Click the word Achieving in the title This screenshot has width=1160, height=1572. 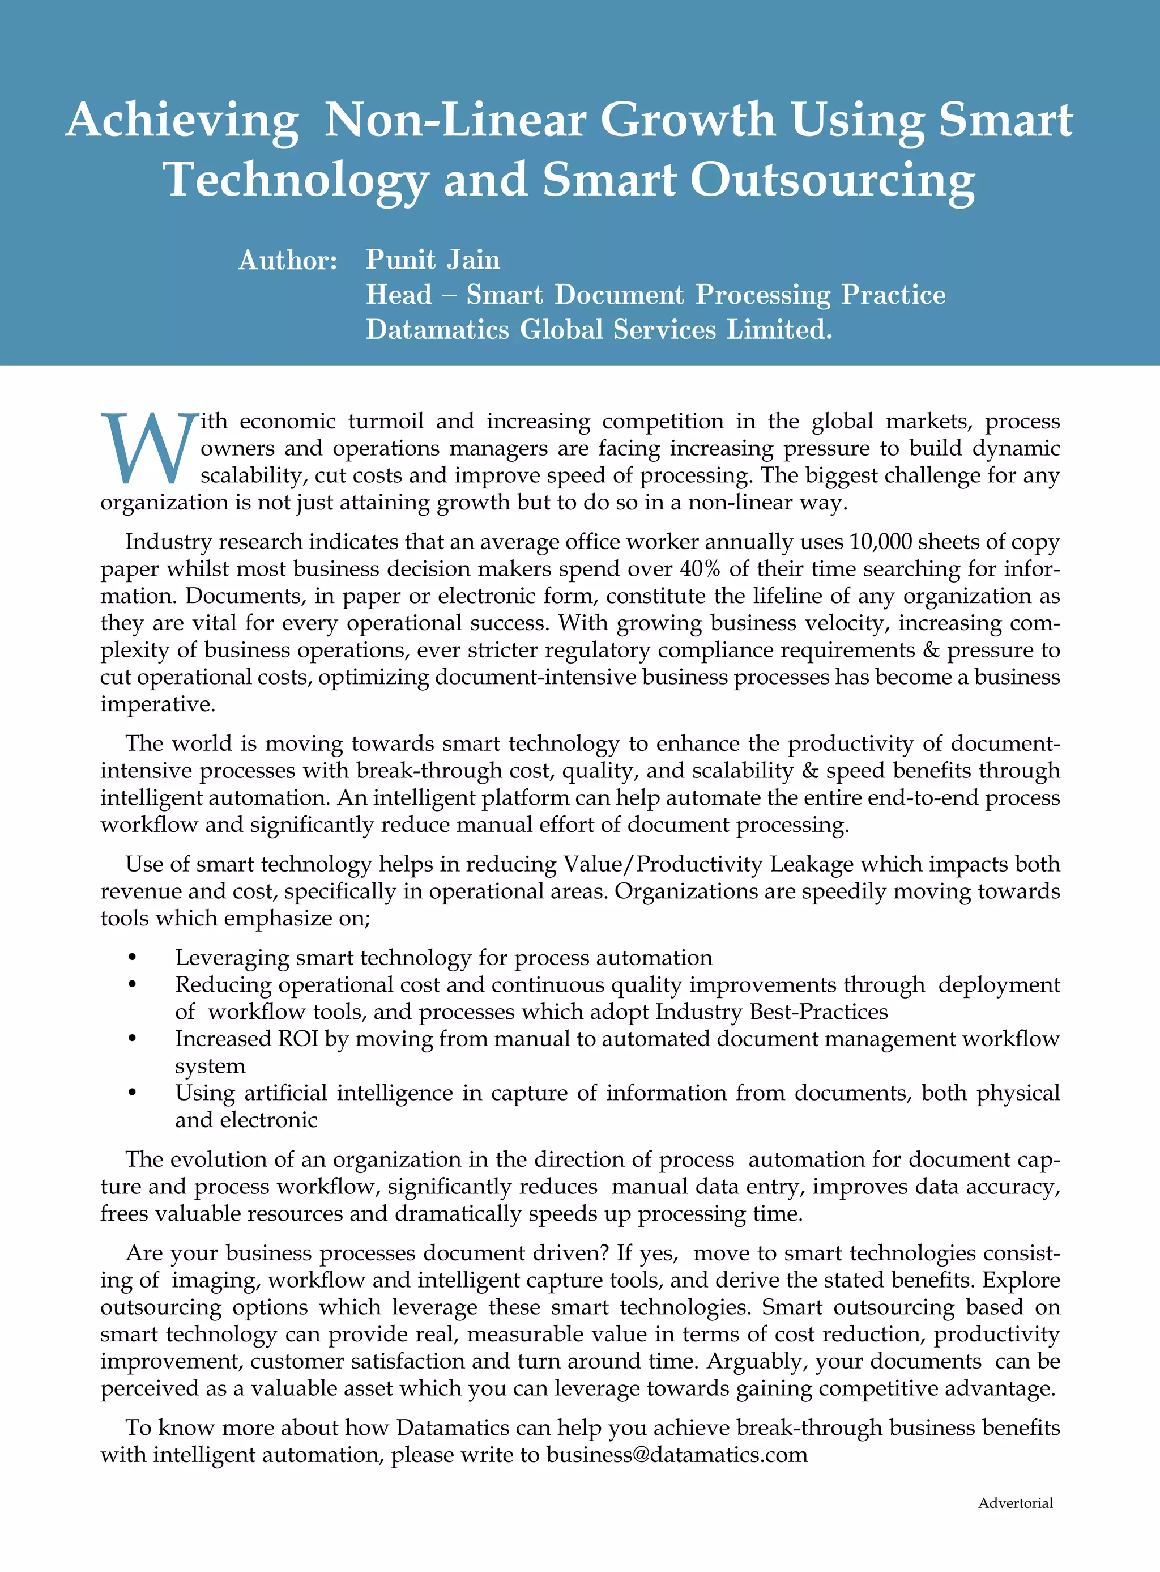(x=182, y=120)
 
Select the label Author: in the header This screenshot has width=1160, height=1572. (x=288, y=261)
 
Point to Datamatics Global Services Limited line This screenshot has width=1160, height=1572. (x=598, y=329)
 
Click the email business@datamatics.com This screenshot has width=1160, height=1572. (x=677, y=1454)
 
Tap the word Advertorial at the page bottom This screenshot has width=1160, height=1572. (x=1016, y=1502)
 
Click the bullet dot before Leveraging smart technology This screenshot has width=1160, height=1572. (x=132, y=958)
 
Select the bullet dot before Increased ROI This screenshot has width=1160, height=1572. (x=132, y=1039)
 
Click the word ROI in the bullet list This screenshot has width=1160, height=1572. (x=298, y=1038)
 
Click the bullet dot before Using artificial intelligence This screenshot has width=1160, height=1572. (x=132, y=1093)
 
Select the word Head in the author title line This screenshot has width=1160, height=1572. (x=398, y=294)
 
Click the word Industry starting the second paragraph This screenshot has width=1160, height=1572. (x=169, y=542)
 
